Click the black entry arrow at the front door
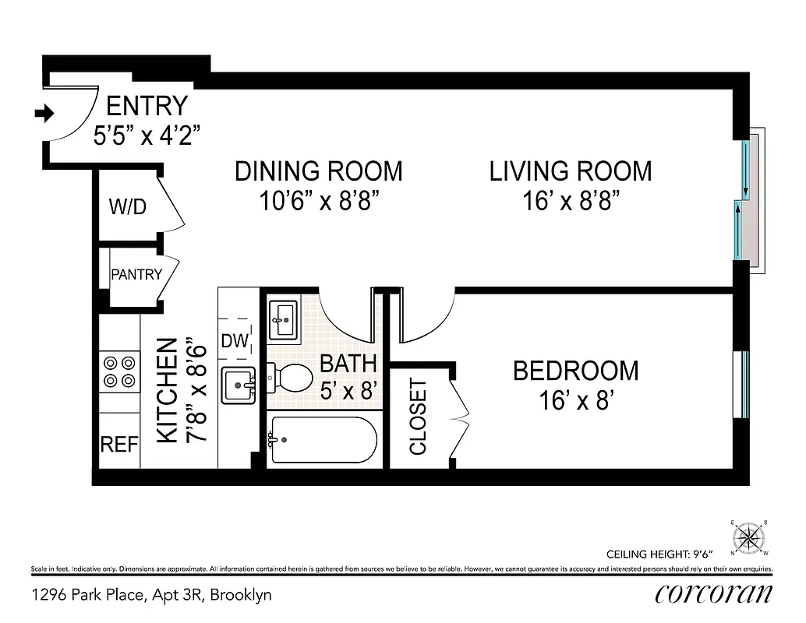coord(44,114)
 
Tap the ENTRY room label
coord(147,105)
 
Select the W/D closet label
coord(127,207)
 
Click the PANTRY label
coord(136,274)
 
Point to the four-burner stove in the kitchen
coord(118,371)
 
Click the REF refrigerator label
coord(119,445)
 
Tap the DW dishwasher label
coord(235,340)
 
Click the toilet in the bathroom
coord(292,379)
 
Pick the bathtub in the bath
coord(322,442)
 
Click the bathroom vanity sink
coord(283,319)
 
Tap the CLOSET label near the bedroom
coord(419,417)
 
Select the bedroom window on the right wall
coord(745,384)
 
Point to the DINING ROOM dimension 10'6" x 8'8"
coord(319,201)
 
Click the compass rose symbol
coord(750,537)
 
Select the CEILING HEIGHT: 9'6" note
coord(656,554)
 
